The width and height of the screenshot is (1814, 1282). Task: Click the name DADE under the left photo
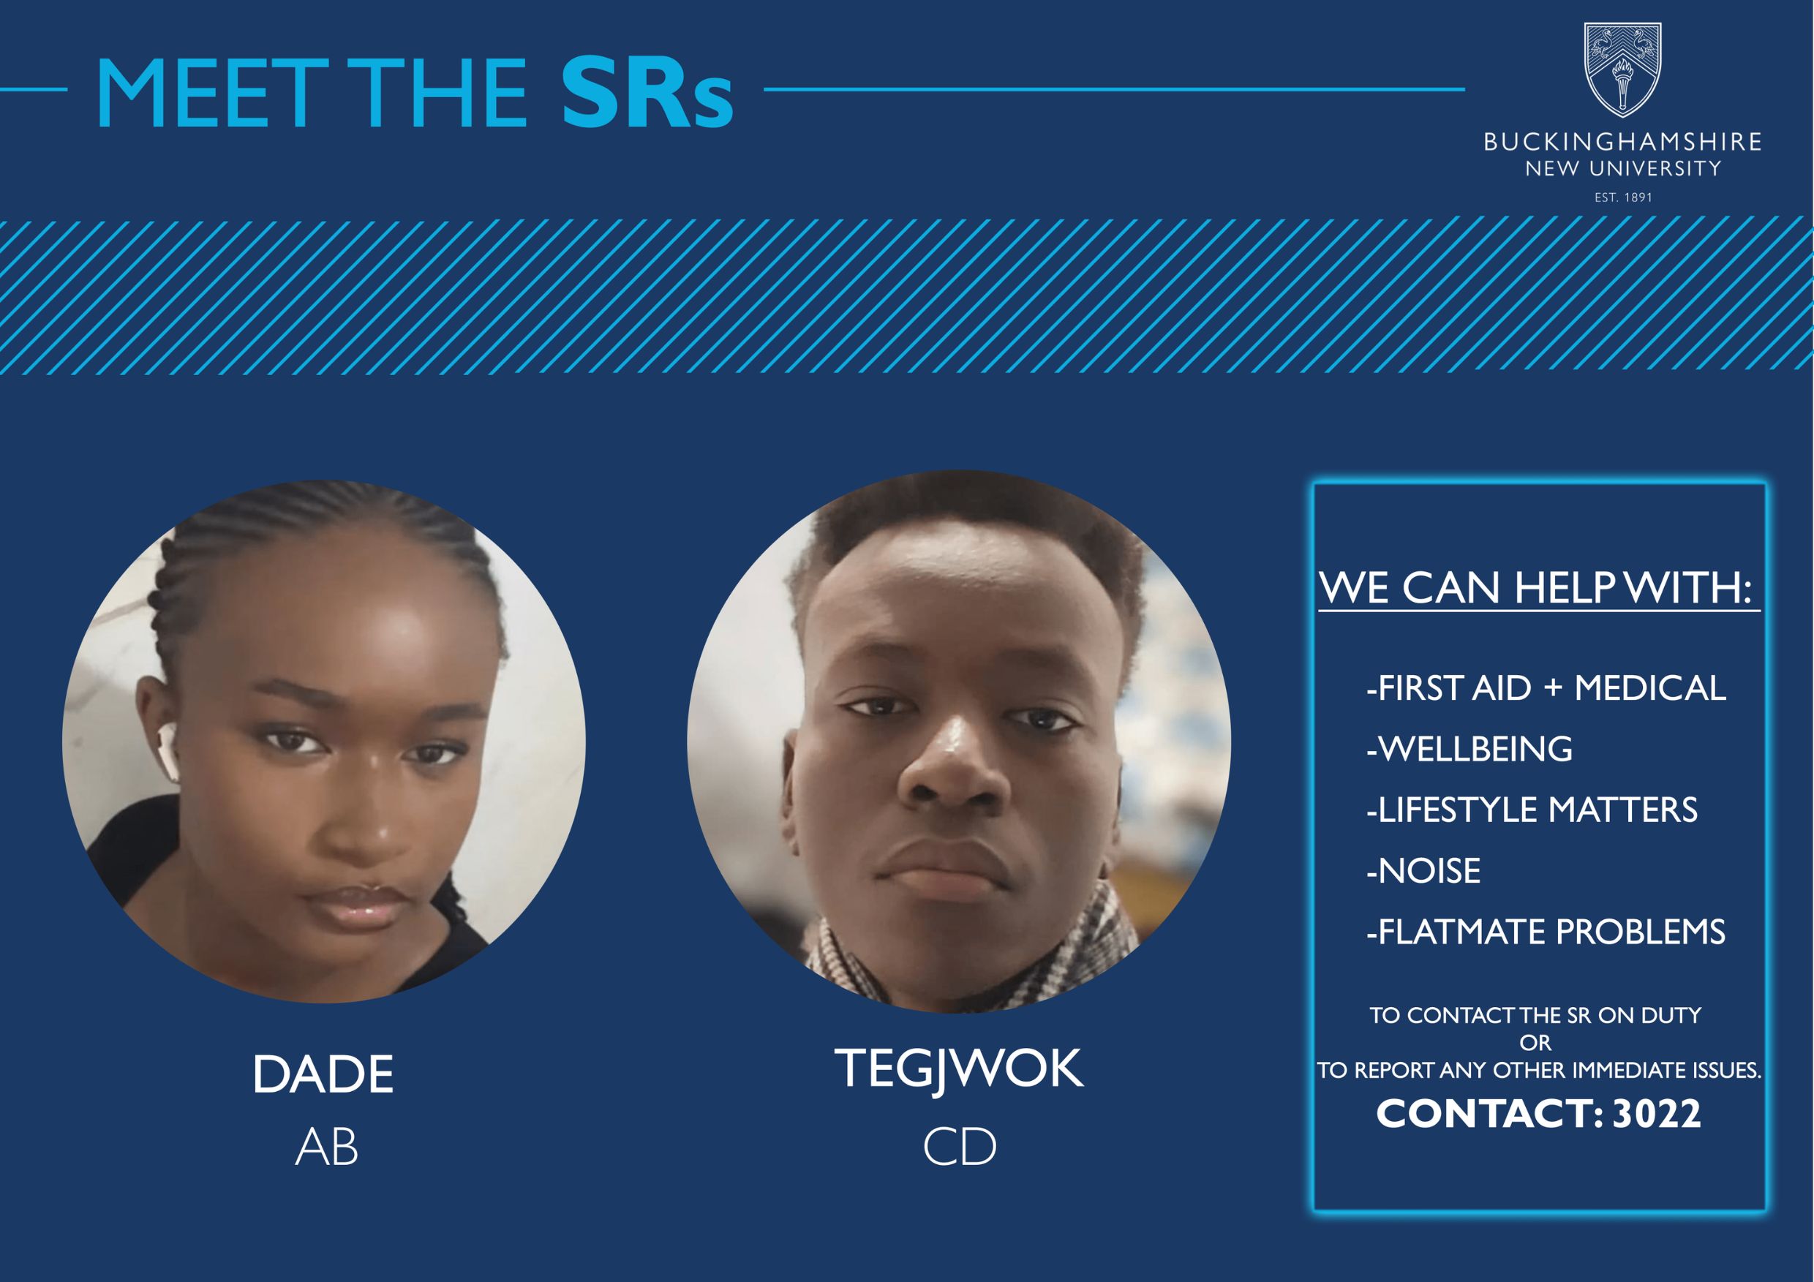pyautogui.click(x=323, y=1074)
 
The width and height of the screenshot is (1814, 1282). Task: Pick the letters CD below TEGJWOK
pyautogui.click(x=959, y=1147)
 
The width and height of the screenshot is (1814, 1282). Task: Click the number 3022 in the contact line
pyautogui.click(x=1657, y=1115)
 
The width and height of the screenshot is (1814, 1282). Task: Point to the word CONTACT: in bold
pyautogui.click(x=1489, y=1115)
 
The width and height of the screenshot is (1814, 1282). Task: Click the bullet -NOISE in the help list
pyautogui.click(x=1423, y=871)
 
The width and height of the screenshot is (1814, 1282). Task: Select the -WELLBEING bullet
pyautogui.click(x=1469, y=749)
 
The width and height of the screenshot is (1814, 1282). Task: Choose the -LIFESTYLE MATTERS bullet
pyautogui.click(x=1531, y=810)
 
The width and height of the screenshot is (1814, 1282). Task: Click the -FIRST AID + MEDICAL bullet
pyautogui.click(x=1546, y=688)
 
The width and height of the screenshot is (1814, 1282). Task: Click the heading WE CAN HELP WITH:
pyautogui.click(x=1535, y=589)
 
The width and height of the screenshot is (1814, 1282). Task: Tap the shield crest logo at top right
pyautogui.click(x=1622, y=70)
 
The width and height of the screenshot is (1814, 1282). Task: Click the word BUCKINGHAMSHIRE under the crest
pyautogui.click(x=1622, y=142)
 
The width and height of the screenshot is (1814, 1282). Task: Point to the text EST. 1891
pyautogui.click(x=1623, y=197)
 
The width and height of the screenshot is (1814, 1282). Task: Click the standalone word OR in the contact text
pyautogui.click(x=1535, y=1043)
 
